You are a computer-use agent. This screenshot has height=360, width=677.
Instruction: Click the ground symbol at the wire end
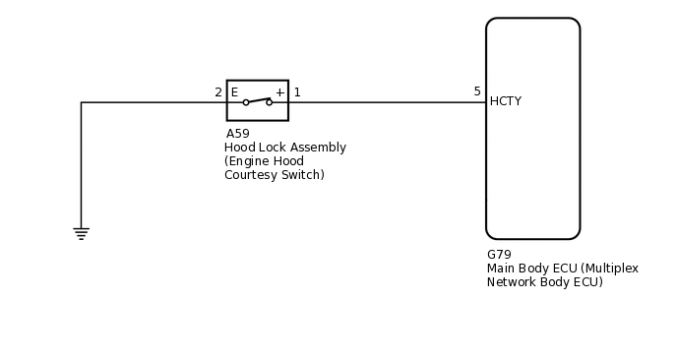tap(81, 233)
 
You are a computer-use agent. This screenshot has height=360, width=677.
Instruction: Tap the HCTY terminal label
tap(505, 101)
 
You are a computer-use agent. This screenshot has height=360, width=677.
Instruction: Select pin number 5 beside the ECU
tap(477, 91)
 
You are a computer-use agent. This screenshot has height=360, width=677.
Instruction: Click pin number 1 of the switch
tap(297, 92)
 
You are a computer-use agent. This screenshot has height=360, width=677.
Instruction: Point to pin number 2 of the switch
tap(218, 92)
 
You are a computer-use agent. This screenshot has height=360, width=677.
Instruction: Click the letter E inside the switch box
tap(234, 92)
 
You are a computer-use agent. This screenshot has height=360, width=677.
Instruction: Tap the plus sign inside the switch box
tap(279, 92)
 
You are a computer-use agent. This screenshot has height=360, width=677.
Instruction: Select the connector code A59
tap(237, 134)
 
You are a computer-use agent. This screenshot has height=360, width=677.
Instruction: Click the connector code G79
tap(499, 254)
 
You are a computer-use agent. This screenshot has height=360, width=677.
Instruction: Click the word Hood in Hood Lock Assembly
tap(239, 148)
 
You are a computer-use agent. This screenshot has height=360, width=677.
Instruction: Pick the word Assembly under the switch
tap(318, 148)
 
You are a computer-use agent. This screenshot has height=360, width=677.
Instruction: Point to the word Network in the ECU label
tap(512, 281)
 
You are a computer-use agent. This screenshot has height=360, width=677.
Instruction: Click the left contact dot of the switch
tap(246, 102)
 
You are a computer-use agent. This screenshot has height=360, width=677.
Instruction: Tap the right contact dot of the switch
tap(269, 102)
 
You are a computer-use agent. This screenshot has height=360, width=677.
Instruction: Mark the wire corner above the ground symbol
tap(81, 102)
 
